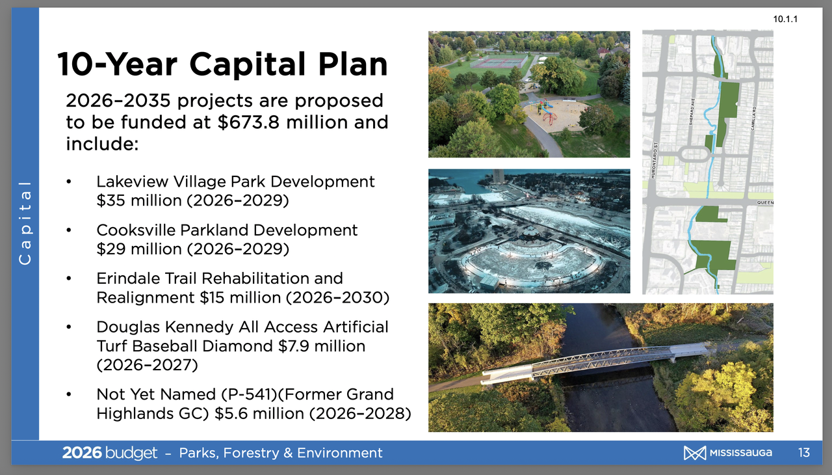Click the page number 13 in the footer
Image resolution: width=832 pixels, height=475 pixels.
[x=804, y=452]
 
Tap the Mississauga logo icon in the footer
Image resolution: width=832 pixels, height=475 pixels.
[x=695, y=453]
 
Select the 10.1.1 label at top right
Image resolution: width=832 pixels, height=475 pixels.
[x=785, y=20]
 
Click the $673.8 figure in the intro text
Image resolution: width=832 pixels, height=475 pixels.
[x=248, y=122]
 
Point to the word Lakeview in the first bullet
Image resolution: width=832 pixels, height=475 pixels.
[x=132, y=182]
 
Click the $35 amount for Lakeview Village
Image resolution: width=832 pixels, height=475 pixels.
[x=111, y=200]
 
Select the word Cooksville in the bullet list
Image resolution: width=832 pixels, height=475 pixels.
[x=136, y=230]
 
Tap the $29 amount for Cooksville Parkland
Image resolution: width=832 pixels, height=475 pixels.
[x=111, y=249]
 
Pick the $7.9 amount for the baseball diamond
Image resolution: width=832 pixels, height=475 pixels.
[x=293, y=346]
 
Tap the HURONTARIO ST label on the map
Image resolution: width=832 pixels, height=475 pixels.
[x=654, y=160]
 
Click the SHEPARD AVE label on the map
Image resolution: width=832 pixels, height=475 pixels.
[x=692, y=111]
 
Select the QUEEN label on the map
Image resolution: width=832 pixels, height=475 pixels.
[x=765, y=202]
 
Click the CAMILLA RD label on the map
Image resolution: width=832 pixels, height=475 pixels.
[x=753, y=118]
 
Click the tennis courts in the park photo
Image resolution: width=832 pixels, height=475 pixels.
[x=499, y=61]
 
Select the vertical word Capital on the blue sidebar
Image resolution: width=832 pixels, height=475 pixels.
[x=25, y=223]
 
